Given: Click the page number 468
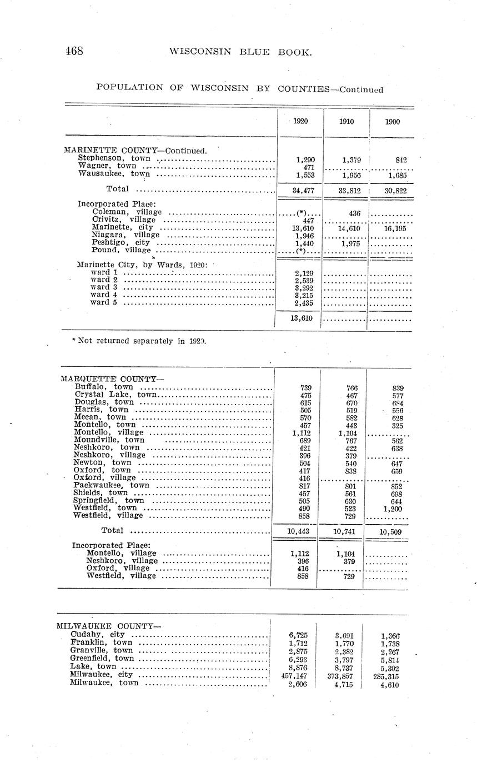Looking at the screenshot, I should [x=74, y=52].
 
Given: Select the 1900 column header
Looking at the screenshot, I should [x=392, y=121].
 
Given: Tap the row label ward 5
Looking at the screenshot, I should [x=104, y=303].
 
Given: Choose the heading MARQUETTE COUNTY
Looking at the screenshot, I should [x=112, y=379].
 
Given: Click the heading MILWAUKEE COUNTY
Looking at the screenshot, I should [x=109, y=626].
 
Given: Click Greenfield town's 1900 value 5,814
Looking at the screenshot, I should [x=390, y=660].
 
